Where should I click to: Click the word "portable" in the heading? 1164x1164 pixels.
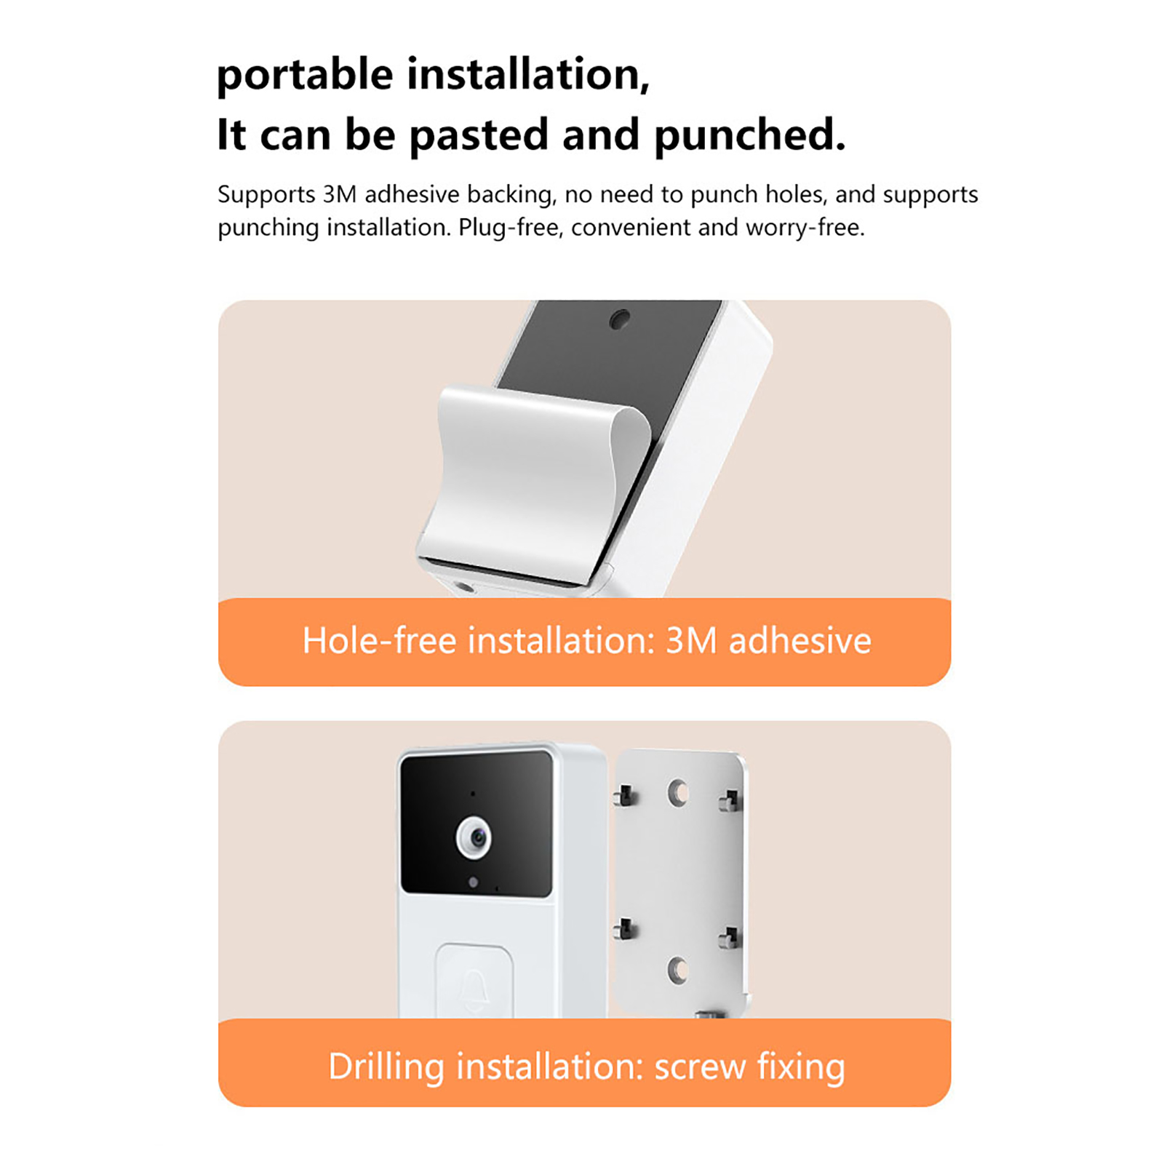[305, 75]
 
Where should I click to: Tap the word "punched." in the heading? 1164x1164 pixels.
[750, 135]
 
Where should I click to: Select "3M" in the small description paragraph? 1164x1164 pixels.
[340, 194]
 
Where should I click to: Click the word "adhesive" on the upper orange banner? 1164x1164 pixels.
[800, 641]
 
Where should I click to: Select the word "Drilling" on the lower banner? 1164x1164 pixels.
[386, 1067]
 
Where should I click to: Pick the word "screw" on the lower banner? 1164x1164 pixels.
[700, 1068]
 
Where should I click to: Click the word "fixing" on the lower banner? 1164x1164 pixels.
[801, 1067]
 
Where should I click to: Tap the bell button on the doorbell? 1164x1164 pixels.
[474, 981]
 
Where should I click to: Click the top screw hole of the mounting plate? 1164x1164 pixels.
[678, 792]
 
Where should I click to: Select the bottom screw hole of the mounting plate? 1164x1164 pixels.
[678, 969]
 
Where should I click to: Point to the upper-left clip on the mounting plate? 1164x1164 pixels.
[623, 795]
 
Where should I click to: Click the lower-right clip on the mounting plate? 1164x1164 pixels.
[730, 938]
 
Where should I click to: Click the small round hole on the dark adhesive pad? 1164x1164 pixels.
[620, 319]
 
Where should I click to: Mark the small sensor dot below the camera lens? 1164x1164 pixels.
[474, 882]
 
